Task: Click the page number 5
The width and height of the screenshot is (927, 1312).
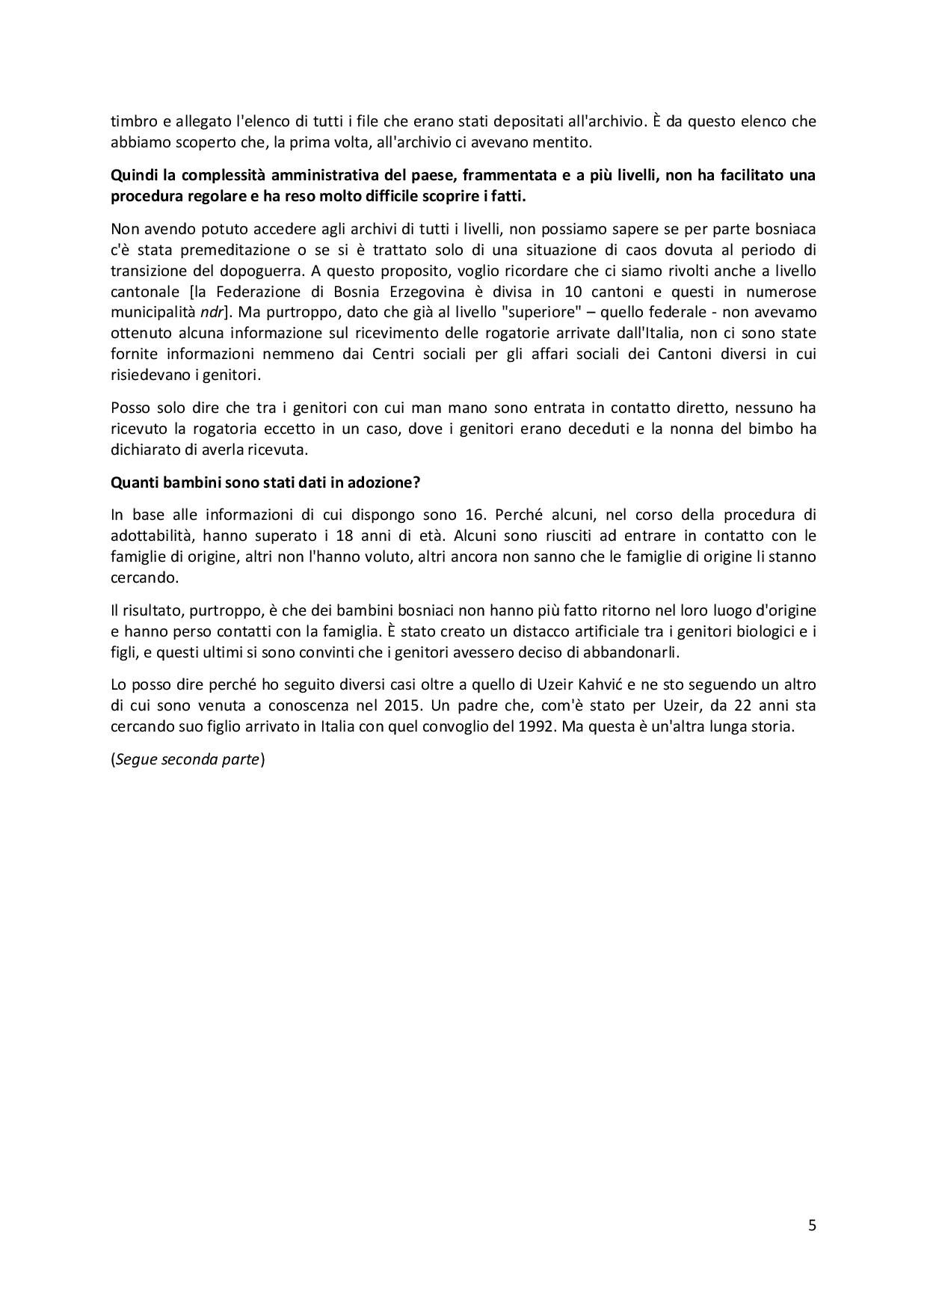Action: point(812,1225)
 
